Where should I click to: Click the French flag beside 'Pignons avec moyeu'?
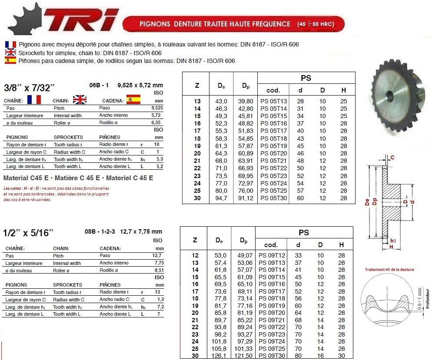tap(10, 45)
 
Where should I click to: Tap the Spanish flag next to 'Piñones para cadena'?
tap(10, 61)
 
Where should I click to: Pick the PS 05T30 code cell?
tap(273, 198)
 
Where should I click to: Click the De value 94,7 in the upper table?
tap(222, 198)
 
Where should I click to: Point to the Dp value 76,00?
tap(246, 191)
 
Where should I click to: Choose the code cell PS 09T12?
tap(272, 255)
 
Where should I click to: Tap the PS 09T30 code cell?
tap(272, 356)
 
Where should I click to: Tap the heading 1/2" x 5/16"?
tap(28, 233)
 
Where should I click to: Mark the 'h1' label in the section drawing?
tap(393, 240)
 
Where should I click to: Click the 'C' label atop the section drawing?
tap(392, 157)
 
